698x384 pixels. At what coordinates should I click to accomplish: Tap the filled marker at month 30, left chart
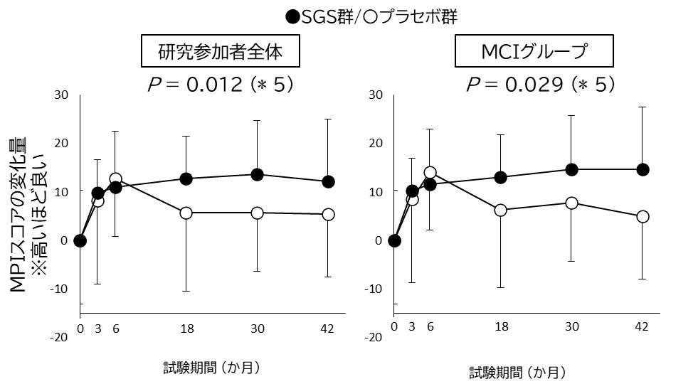258,174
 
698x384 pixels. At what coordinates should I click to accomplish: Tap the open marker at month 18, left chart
186,213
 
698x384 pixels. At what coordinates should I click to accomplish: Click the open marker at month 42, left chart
328,214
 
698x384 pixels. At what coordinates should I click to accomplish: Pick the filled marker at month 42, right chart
643,169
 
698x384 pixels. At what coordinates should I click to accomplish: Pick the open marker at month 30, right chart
571,203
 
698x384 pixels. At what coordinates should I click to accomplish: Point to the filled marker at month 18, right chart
501,177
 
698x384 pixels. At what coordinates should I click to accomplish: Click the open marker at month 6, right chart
430,172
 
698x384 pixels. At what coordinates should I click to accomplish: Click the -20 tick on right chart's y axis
374,337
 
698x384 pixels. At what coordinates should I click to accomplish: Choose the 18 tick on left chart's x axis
186,328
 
